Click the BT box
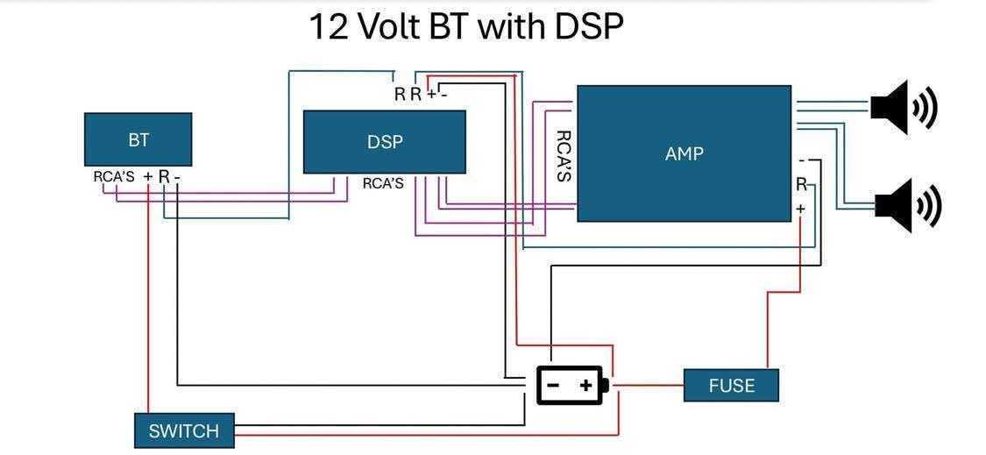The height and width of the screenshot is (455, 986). pos(138,139)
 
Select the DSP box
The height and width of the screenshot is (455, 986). pos(384,142)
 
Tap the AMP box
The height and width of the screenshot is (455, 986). pos(684,153)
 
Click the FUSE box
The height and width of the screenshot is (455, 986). pos(731,385)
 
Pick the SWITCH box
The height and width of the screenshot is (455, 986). pos(184,430)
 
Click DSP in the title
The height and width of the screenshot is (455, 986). pos(588,26)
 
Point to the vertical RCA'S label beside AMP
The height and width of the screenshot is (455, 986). pos(564,155)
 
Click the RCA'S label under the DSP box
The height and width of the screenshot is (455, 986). pos(383,184)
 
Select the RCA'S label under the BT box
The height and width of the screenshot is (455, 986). pos(114,177)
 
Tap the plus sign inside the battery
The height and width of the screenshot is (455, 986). pos(586,385)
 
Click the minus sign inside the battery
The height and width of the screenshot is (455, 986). pos(553,385)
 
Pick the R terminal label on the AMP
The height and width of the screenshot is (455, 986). pos(801,185)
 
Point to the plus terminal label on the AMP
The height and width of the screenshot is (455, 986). pos(800,209)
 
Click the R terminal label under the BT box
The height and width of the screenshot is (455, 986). pos(163,177)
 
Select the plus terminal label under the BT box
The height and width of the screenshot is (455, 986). pos(147,177)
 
